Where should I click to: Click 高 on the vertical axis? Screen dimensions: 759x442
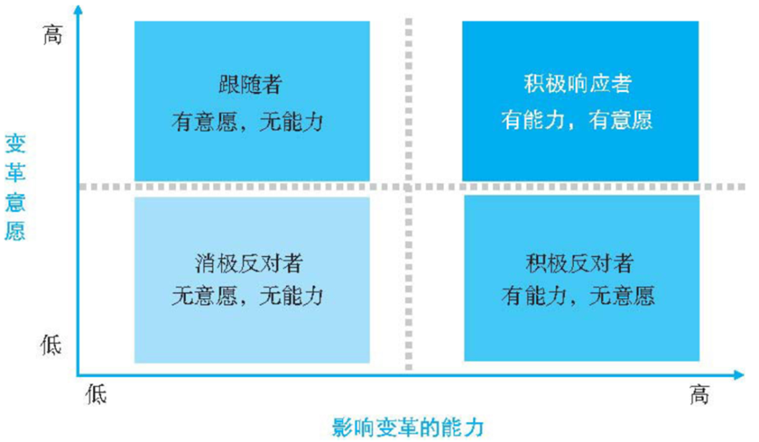[x=53, y=37]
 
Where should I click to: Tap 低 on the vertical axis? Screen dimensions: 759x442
[x=52, y=345]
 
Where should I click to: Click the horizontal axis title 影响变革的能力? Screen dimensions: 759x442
[x=407, y=427]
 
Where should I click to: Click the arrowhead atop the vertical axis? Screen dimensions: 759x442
[x=78, y=11]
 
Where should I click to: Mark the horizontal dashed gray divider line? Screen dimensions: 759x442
[x=263, y=187]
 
